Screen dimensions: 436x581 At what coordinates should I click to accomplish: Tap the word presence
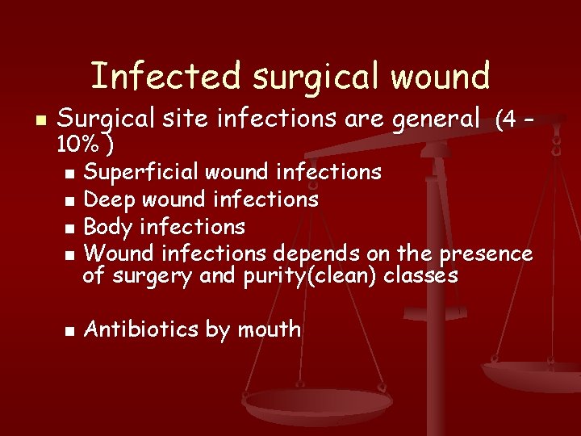coord(484,254)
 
